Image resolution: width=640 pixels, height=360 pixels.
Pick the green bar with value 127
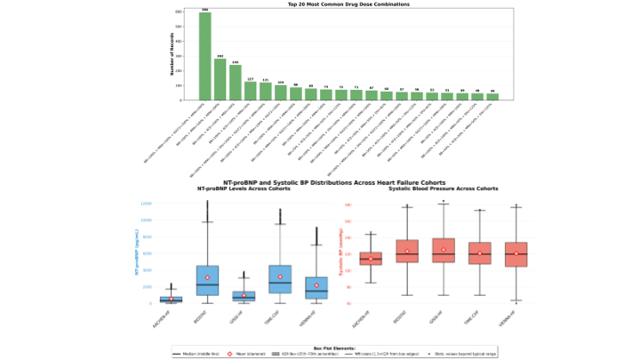coord(251,90)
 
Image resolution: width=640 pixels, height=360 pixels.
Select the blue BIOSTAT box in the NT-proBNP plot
coord(207,280)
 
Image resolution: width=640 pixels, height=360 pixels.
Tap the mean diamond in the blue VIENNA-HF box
coord(316,285)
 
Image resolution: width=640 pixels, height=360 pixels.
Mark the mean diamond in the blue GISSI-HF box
coord(244,295)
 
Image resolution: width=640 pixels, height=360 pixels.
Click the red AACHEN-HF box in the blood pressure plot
coord(371,259)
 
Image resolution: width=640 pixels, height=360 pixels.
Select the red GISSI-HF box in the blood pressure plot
coord(443,252)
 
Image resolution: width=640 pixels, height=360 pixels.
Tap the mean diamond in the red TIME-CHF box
coord(479,253)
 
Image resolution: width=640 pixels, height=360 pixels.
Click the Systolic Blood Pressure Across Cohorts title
coord(443,189)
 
